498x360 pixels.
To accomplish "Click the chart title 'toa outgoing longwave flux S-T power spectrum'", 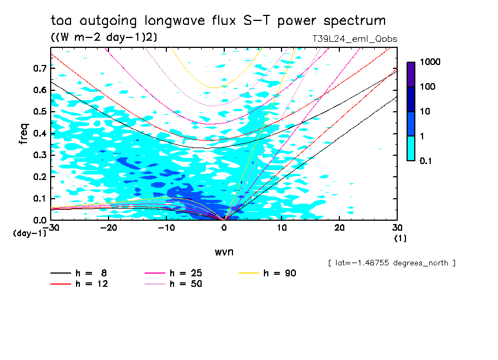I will point(218,21).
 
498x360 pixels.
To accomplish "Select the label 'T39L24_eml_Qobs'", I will point(354,39).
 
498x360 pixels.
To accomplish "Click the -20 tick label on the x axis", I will point(108,228).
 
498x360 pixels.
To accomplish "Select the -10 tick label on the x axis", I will point(166,228).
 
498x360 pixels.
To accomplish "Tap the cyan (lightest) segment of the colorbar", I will point(411,148).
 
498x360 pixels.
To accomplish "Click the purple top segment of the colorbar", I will point(411,74).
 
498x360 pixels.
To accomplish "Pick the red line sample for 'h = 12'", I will point(61,284).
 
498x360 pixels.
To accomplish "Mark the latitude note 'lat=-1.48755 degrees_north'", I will point(391,263).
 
